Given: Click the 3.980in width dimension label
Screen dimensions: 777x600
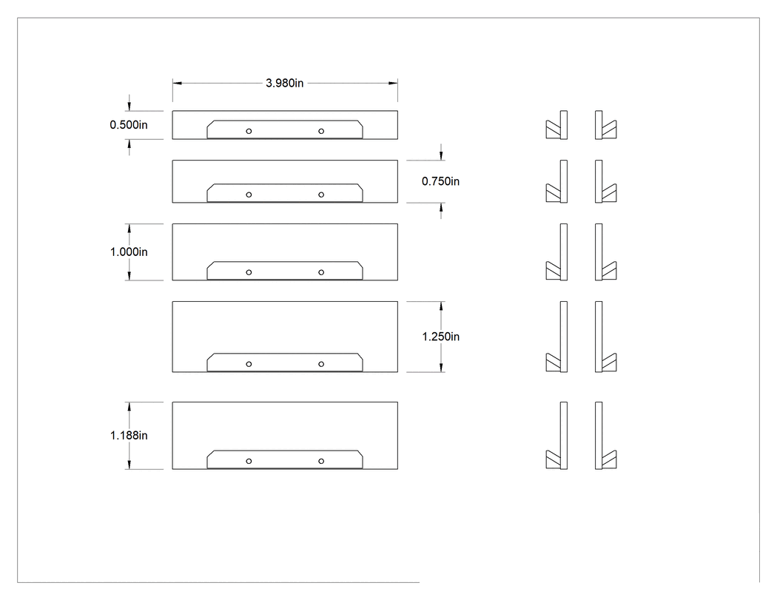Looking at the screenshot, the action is pos(284,83).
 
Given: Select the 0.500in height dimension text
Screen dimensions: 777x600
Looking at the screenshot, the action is pos(129,125).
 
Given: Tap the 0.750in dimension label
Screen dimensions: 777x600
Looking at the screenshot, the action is pos(440,181).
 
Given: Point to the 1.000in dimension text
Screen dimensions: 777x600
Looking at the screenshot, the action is pos(129,252).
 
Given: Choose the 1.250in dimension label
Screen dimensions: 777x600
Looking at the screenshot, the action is pos(440,337).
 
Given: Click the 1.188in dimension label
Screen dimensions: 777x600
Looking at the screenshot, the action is pos(129,435).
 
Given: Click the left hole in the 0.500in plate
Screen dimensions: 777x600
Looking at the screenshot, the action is pos(249,131).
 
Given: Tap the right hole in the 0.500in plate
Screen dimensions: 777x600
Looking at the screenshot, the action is pos(321,131).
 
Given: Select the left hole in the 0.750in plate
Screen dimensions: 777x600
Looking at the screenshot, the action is pos(249,195).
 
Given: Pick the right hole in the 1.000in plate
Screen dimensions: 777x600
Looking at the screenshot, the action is pos(321,272).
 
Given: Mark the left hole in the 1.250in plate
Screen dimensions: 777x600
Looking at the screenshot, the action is pos(249,364).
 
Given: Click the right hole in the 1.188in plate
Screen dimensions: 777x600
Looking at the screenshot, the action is pos(321,461).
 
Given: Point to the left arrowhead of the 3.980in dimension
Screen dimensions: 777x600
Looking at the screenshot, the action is pos(177,84).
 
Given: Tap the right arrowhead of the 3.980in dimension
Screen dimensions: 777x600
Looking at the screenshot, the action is pos(393,84).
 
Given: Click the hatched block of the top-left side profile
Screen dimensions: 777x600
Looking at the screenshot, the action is pos(553,129).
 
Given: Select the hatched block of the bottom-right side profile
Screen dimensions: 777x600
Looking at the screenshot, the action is pos(609,459).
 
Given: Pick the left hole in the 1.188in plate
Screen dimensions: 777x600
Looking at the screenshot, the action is pos(249,461).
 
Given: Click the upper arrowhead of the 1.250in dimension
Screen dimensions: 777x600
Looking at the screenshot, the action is pos(441,306).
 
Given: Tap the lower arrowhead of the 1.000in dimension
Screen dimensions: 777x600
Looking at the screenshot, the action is pos(129,275).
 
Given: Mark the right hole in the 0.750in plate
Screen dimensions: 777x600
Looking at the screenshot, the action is pos(321,195).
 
